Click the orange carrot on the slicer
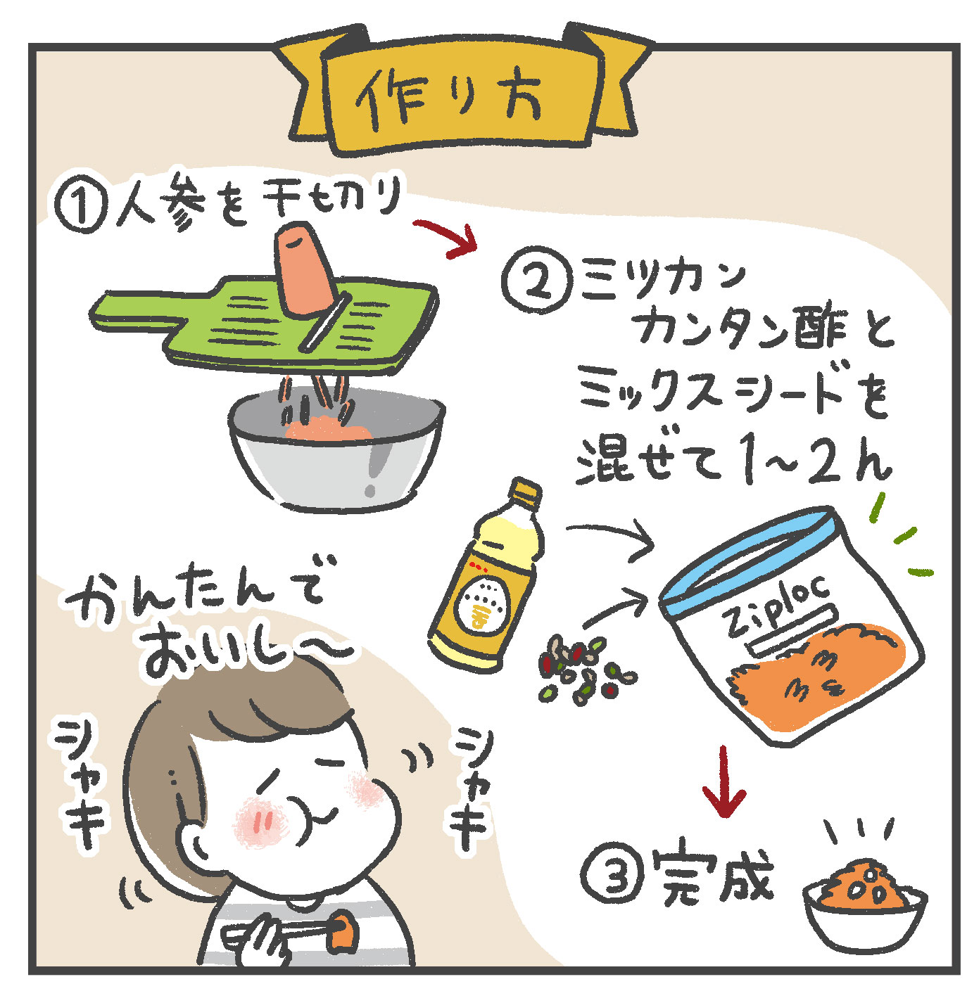tap(304, 270)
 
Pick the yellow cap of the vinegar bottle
tap(525, 494)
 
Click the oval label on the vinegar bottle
tap(482, 603)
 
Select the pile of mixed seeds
tap(587, 667)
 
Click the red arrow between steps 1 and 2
tap(445, 237)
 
